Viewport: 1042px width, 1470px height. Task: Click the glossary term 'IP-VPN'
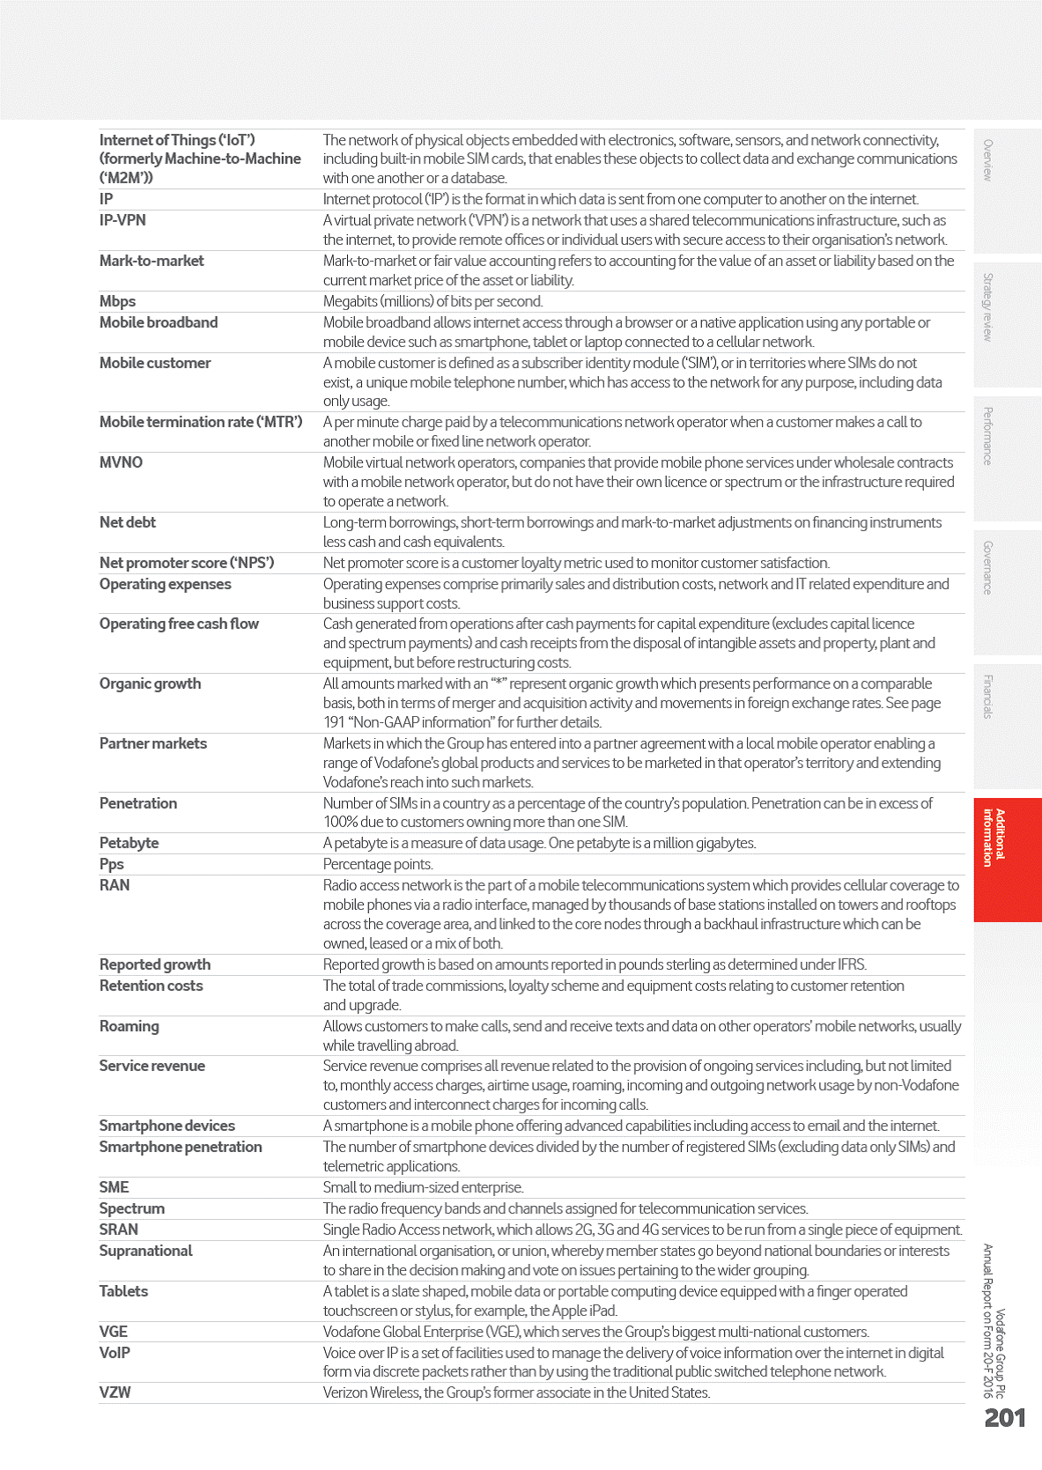pyautogui.click(x=122, y=220)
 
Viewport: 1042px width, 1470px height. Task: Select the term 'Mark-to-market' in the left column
pyautogui.click(x=151, y=261)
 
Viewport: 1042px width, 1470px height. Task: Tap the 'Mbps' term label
pyautogui.click(x=117, y=301)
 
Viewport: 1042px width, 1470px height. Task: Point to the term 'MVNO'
pyautogui.click(x=121, y=462)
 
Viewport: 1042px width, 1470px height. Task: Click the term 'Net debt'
pyautogui.click(x=127, y=522)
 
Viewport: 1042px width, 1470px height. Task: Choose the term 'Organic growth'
pyautogui.click(x=150, y=683)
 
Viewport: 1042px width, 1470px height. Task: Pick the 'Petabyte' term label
pyautogui.click(x=129, y=843)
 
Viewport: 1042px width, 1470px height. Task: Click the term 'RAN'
pyautogui.click(x=115, y=885)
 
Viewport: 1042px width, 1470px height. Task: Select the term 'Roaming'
pyautogui.click(x=129, y=1026)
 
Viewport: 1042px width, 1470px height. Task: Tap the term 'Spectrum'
pyautogui.click(x=131, y=1208)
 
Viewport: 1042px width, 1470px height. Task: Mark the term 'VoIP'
pyautogui.click(x=115, y=1353)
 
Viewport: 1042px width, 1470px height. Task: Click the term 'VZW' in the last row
pyautogui.click(x=115, y=1392)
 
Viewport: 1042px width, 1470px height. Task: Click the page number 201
pyautogui.click(x=1004, y=1418)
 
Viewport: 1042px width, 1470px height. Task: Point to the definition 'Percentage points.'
pyautogui.click(x=378, y=864)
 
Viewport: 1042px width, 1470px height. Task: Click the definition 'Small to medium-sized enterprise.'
pyautogui.click(x=423, y=1187)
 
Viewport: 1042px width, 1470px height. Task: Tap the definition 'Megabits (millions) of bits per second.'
pyautogui.click(x=432, y=301)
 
